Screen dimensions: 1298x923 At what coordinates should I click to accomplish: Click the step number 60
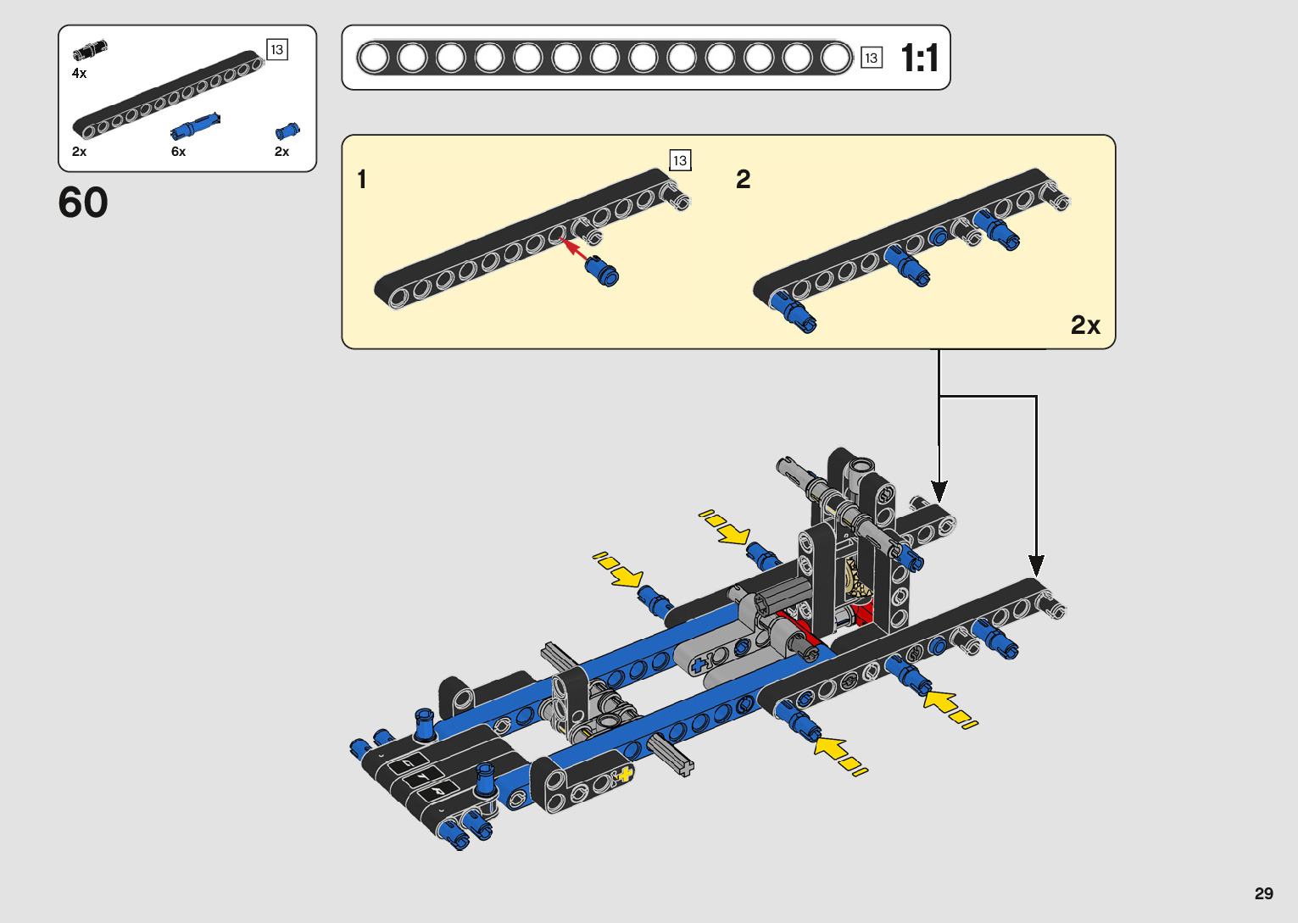point(83,203)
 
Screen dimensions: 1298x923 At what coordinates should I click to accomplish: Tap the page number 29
point(1264,892)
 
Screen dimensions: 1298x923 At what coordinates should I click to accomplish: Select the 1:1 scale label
point(920,58)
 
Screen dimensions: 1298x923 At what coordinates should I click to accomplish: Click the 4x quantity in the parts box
point(80,73)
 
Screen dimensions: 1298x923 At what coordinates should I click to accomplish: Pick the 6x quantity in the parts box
point(179,152)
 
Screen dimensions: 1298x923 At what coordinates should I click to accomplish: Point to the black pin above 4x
point(90,50)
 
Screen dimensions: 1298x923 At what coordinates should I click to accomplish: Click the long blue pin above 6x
point(195,125)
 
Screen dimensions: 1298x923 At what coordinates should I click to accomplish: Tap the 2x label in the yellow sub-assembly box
point(1085,325)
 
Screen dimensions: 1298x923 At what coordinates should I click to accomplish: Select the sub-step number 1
point(362,179)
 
